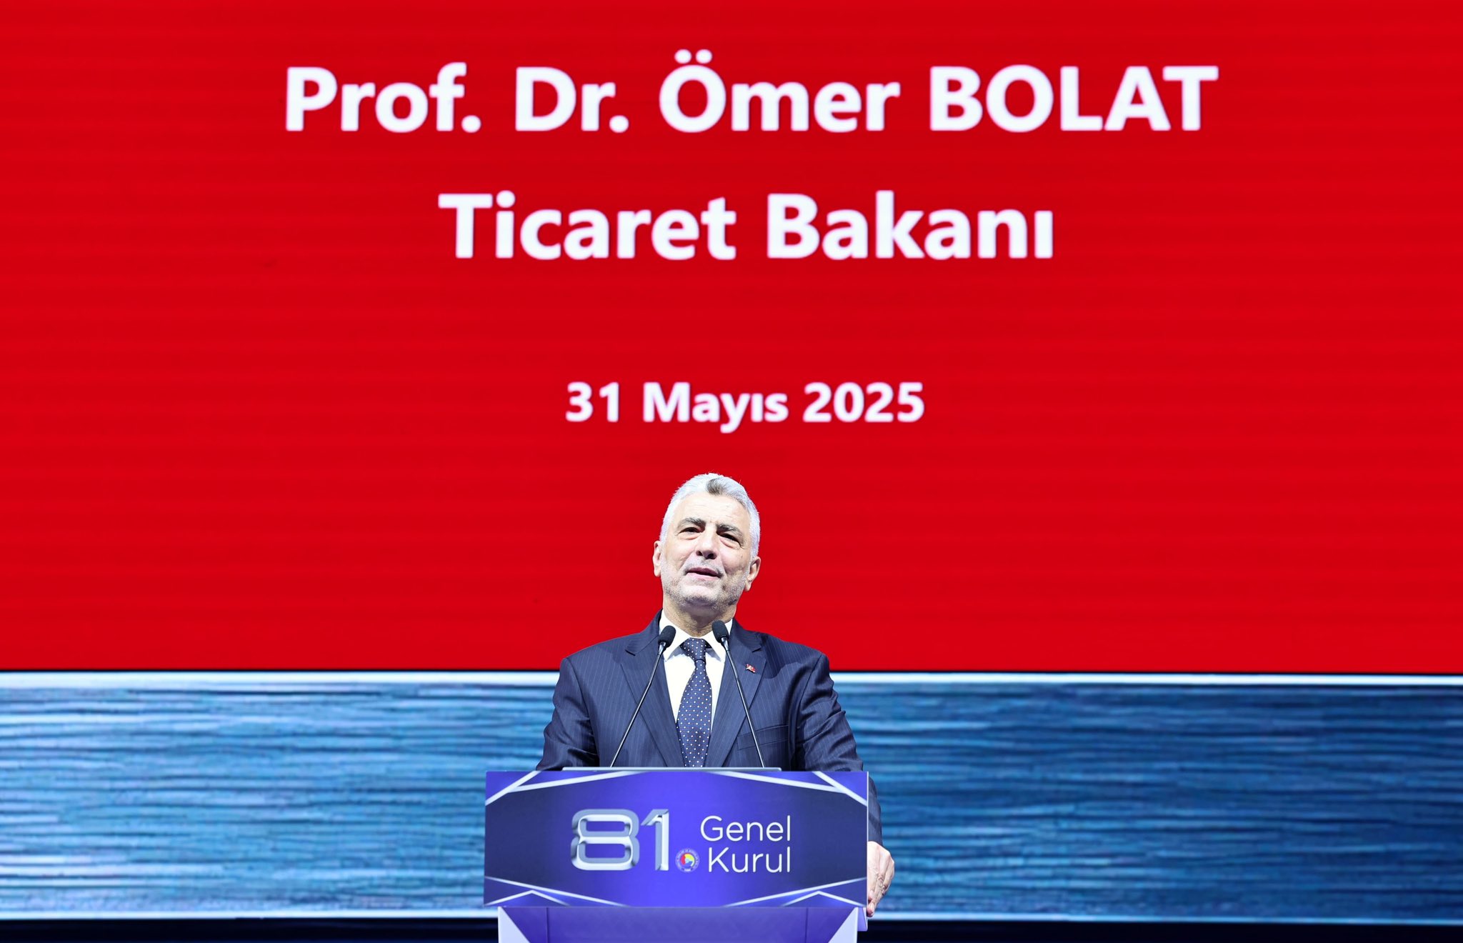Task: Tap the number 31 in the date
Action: pyautogui.click(x=593, y=403)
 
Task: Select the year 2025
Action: pyautogui.click(x=864, y=403)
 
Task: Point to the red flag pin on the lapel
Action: pyautogui.click(x=750, y=668)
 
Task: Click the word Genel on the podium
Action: pyautogui.click(x=745, y=829)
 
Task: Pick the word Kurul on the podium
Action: pyautogui.click(x=749, y=860)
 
